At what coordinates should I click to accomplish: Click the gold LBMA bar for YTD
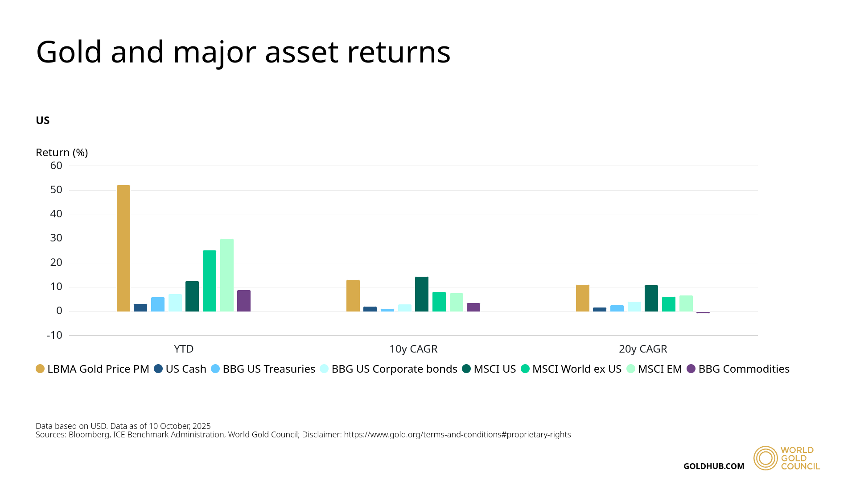pyautogui.click(x=123, y=248)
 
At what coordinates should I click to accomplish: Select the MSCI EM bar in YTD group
pyautogui.click(x=227, y=275)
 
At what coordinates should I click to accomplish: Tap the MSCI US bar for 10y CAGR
pyautogui.click(x=422, y=294)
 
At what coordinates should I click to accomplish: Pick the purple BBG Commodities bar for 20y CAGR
pyautogui.click(x=703, y=312)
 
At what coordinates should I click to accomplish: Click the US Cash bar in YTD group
pyautogui.click(x=140, y=308)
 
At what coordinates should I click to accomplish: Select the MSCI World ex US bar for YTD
pyautogui.click(x=210, y=281)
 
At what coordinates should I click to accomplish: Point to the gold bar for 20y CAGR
pyautogui.click(x=583, y=298)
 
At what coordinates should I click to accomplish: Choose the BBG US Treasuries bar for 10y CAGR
pyautogui.click(x=387, y=310)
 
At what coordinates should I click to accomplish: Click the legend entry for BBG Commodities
pyautogui.click(x=738, y=369)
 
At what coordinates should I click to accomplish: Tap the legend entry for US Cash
pyautogui.click(x=181, y=369)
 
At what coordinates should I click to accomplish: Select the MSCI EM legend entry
pyautogui.click(x=654, y=369)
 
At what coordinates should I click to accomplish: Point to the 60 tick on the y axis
pyautogui.click(x=57, y=166)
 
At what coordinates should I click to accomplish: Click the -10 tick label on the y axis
pyautogui.click(x=55, y=335)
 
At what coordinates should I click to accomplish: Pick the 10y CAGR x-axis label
pyautogui.click(x=413, y=349)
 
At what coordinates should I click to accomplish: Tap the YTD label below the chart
pyautogui.click(x=184, y=349)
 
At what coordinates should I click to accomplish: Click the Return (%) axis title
pyautogui.click(x=62, y=153)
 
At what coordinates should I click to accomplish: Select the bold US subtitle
pyautogui.click(x=43, y=120)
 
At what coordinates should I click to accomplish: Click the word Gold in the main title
pyautogui.click(x=69, y=52)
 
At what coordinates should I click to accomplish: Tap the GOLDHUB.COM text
pyautogui.click(x=714, y=466)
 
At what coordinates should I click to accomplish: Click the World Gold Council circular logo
pyautogui.click(x=765, y=458)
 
